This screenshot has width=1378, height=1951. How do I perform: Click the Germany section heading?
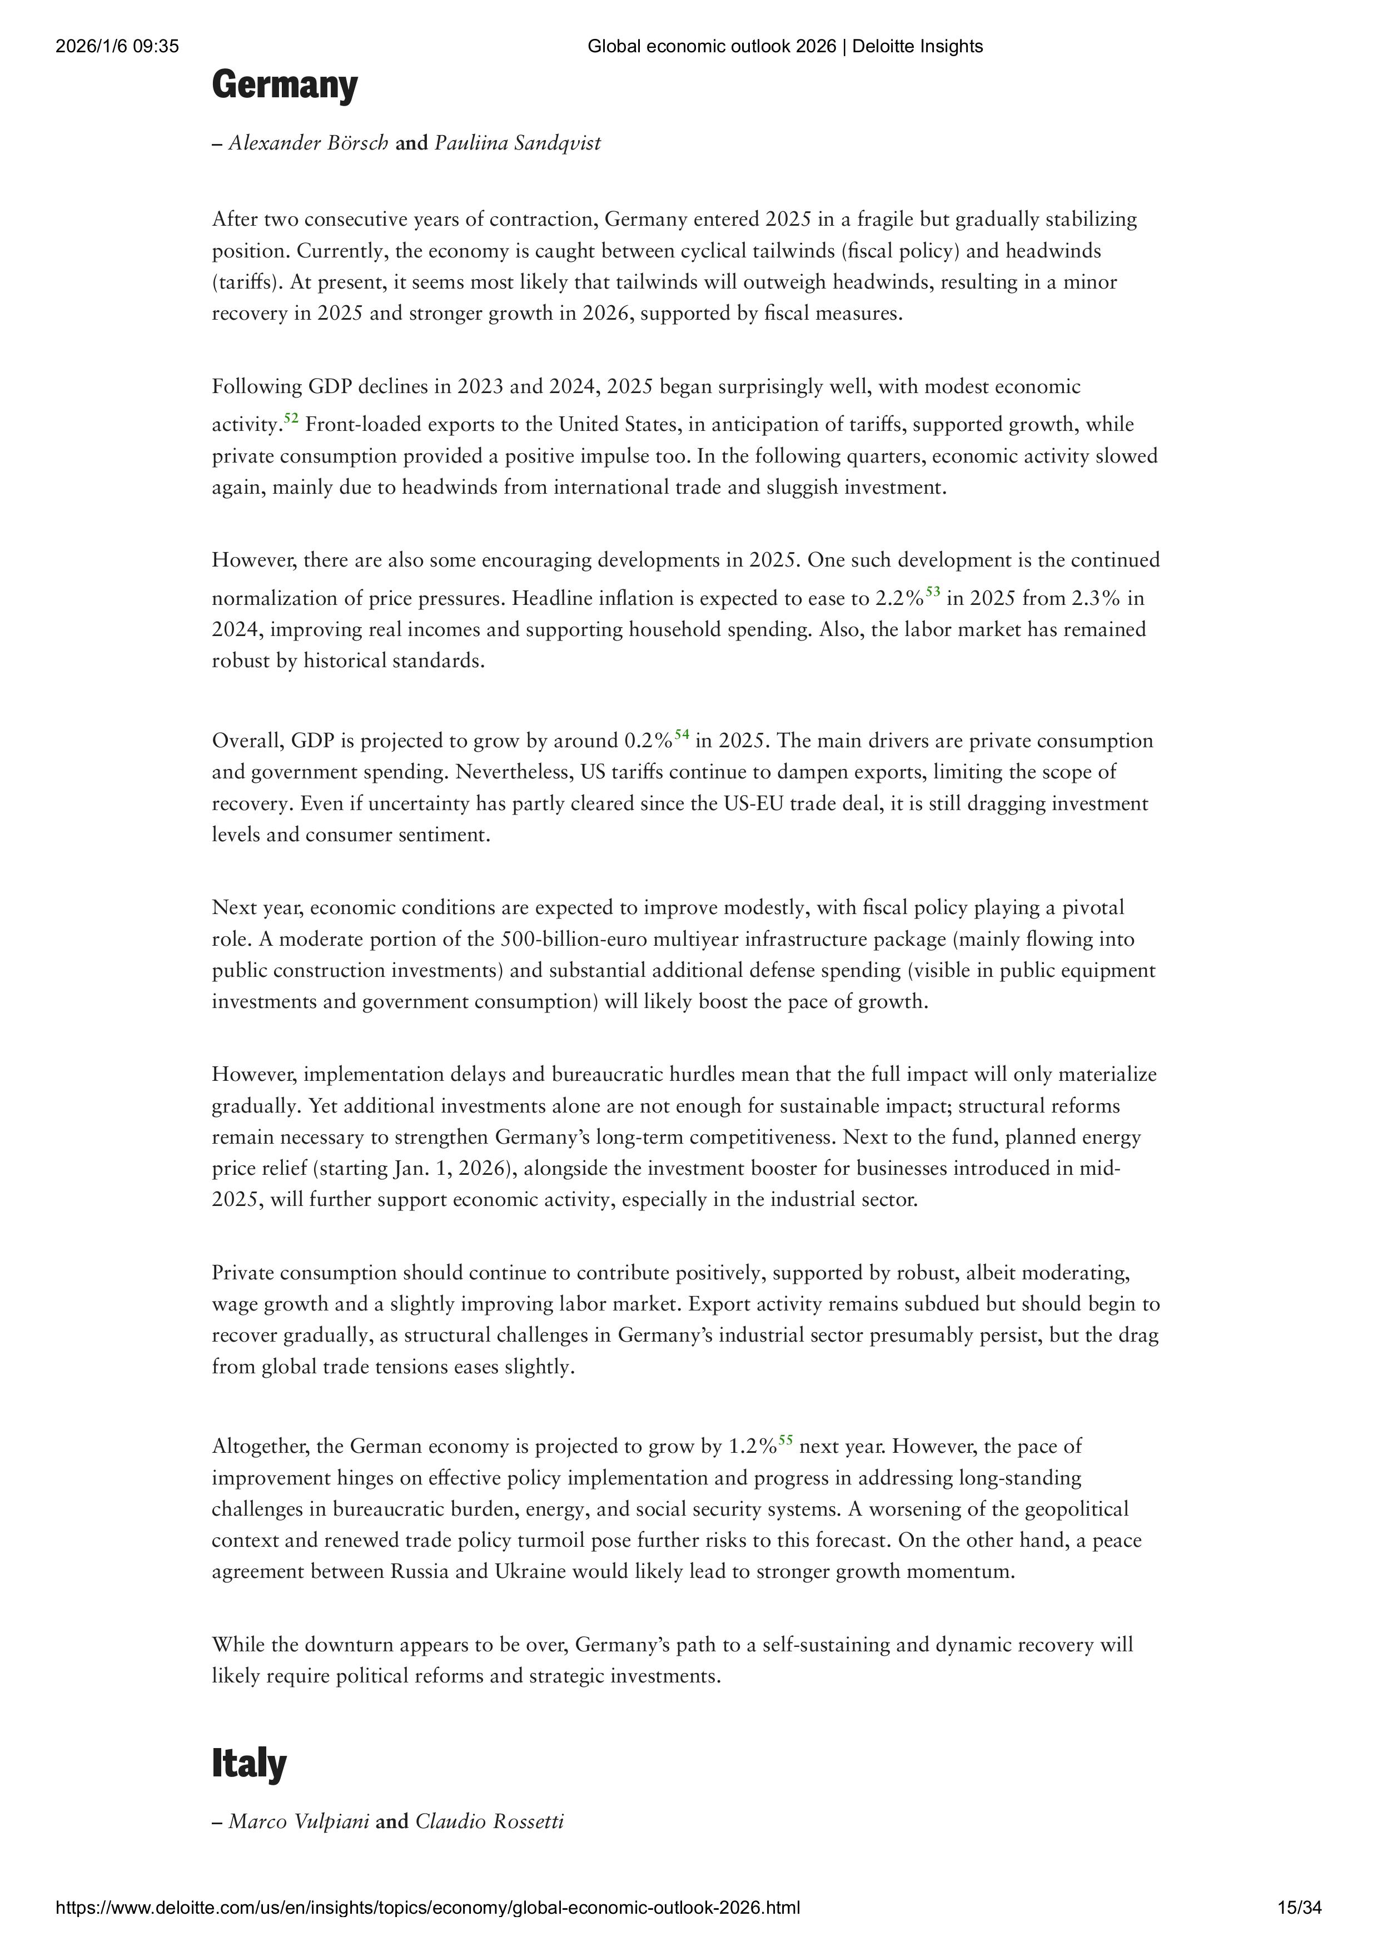click(x=285, y=87)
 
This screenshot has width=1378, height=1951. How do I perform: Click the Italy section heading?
click(x=249, y=1765)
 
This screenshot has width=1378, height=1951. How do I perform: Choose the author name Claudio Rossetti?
click(x=489, y=1822)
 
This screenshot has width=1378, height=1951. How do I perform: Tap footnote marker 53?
click(x=932, y=592)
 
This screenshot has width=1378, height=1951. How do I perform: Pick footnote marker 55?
click(x=786, y=1440)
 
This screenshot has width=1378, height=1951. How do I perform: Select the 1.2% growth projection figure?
click(x=753, y=1446)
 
